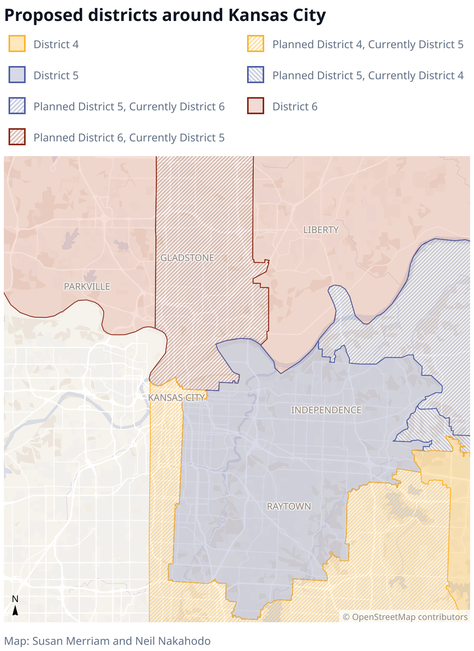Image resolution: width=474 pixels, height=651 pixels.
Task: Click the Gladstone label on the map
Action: (x=187, y=258)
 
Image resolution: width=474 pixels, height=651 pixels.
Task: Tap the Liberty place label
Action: (x=321, y=230)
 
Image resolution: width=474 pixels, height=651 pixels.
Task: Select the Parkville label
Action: (x=87, y=286)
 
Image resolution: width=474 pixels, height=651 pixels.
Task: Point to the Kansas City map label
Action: (x=176, y=397)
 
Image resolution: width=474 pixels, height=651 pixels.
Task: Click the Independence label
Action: (x=326, y=410)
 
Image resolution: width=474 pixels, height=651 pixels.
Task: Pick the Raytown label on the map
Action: (x=289, y=506)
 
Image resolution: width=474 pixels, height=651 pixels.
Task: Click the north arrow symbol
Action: (x=15, y=610)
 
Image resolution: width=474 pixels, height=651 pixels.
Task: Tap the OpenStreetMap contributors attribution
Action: (x=405, y=617)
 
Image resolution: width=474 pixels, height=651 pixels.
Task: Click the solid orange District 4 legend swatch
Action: (x=17, y=44)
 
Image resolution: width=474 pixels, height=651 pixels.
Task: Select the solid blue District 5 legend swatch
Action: (x=17, y=75)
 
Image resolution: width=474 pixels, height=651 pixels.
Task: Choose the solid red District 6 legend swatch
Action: (x=256, y=106)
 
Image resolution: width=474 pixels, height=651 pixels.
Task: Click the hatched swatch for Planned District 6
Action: (x=17, y=137)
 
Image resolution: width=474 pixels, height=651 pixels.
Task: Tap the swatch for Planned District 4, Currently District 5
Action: (x=256, y=44)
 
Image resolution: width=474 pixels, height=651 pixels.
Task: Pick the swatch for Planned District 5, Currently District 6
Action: (x=17, y=106)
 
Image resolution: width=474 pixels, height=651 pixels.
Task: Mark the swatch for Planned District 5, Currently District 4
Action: (x=256, y=75)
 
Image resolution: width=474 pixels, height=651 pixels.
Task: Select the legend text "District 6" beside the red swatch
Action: (x=295, y=106)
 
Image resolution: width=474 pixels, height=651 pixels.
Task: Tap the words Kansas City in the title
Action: (x=277, y=16)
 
